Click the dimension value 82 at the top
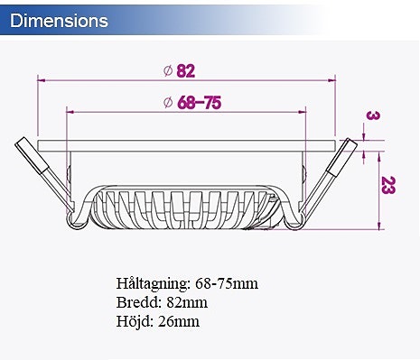(x=186, y=70)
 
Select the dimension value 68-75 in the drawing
(x=199, y=102)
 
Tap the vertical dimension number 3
(x=371, y=115)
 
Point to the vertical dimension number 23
(x=386, y=186)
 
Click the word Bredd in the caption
(x=138, y=302)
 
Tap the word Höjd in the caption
(x=135, y=320)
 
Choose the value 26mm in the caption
(x=179, y=320)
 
